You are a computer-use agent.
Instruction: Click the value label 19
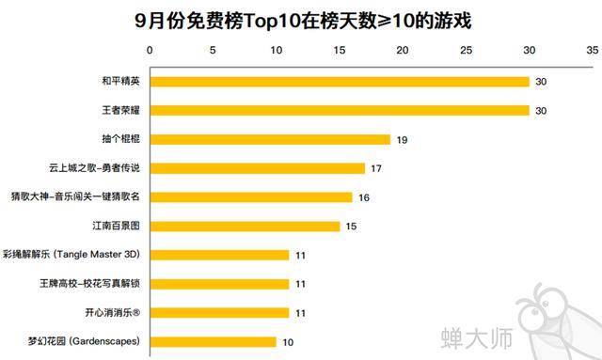tap(402, 140)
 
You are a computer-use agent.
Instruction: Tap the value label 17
tap(376, 169)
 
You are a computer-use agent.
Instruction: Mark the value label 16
tap(364, 197)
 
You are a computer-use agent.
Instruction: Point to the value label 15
tap(351, 227)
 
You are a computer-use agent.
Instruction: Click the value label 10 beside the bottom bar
tap(288, 341)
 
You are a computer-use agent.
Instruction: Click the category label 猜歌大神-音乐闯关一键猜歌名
tap(76, 197)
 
